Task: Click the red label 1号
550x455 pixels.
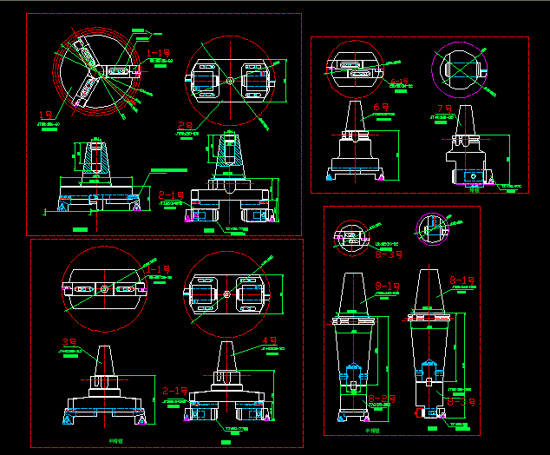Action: pyautogui.click(x=49, y=114)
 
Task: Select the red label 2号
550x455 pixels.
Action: pyautogui.click(x=185, y=125)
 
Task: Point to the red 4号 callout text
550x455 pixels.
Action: pyautogui.click(x=269, y=340)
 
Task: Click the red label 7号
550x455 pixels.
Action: pyautogui.click(x=444, y=109)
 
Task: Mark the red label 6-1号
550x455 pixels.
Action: pyautogui.click(x=400, y=82)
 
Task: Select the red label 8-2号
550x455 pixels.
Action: pyautogui.click(x=381, y=399)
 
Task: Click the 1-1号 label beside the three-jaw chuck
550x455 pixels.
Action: pyautogui.click(x=159, y=54)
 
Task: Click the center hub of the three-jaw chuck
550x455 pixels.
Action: pyautogui.click(x=98, y=71)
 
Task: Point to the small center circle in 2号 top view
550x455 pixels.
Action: pyautogui.click(x=229, y=81)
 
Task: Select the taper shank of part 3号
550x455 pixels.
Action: pyautogui.click(x=102, y=359)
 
